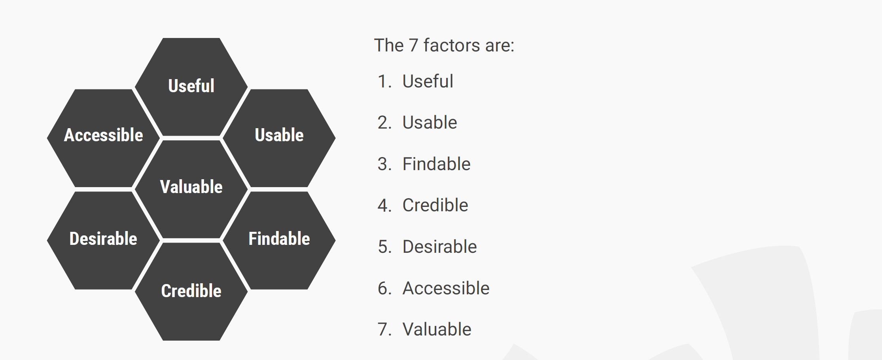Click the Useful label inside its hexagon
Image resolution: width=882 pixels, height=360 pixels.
191,86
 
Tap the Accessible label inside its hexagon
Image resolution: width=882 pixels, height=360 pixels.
104,135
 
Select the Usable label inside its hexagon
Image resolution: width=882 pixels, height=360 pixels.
279,135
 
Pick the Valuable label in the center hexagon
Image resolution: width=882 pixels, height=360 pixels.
191,187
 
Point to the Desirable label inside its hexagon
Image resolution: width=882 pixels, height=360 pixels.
103,239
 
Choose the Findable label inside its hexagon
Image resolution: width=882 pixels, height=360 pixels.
279,239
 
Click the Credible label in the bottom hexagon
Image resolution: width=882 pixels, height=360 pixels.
191,291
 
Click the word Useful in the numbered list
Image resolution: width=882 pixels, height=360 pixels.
428,81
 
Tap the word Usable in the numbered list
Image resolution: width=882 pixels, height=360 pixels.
430,122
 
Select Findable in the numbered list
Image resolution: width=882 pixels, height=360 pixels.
437,164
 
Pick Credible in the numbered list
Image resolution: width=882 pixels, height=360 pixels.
435,205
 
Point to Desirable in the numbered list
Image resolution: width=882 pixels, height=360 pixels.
440,246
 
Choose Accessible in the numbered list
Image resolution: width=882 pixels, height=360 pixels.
446,288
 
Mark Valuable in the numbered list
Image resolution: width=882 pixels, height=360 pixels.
437,329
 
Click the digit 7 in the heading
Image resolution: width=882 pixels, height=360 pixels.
413,45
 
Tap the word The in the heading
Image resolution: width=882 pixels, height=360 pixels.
389,45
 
